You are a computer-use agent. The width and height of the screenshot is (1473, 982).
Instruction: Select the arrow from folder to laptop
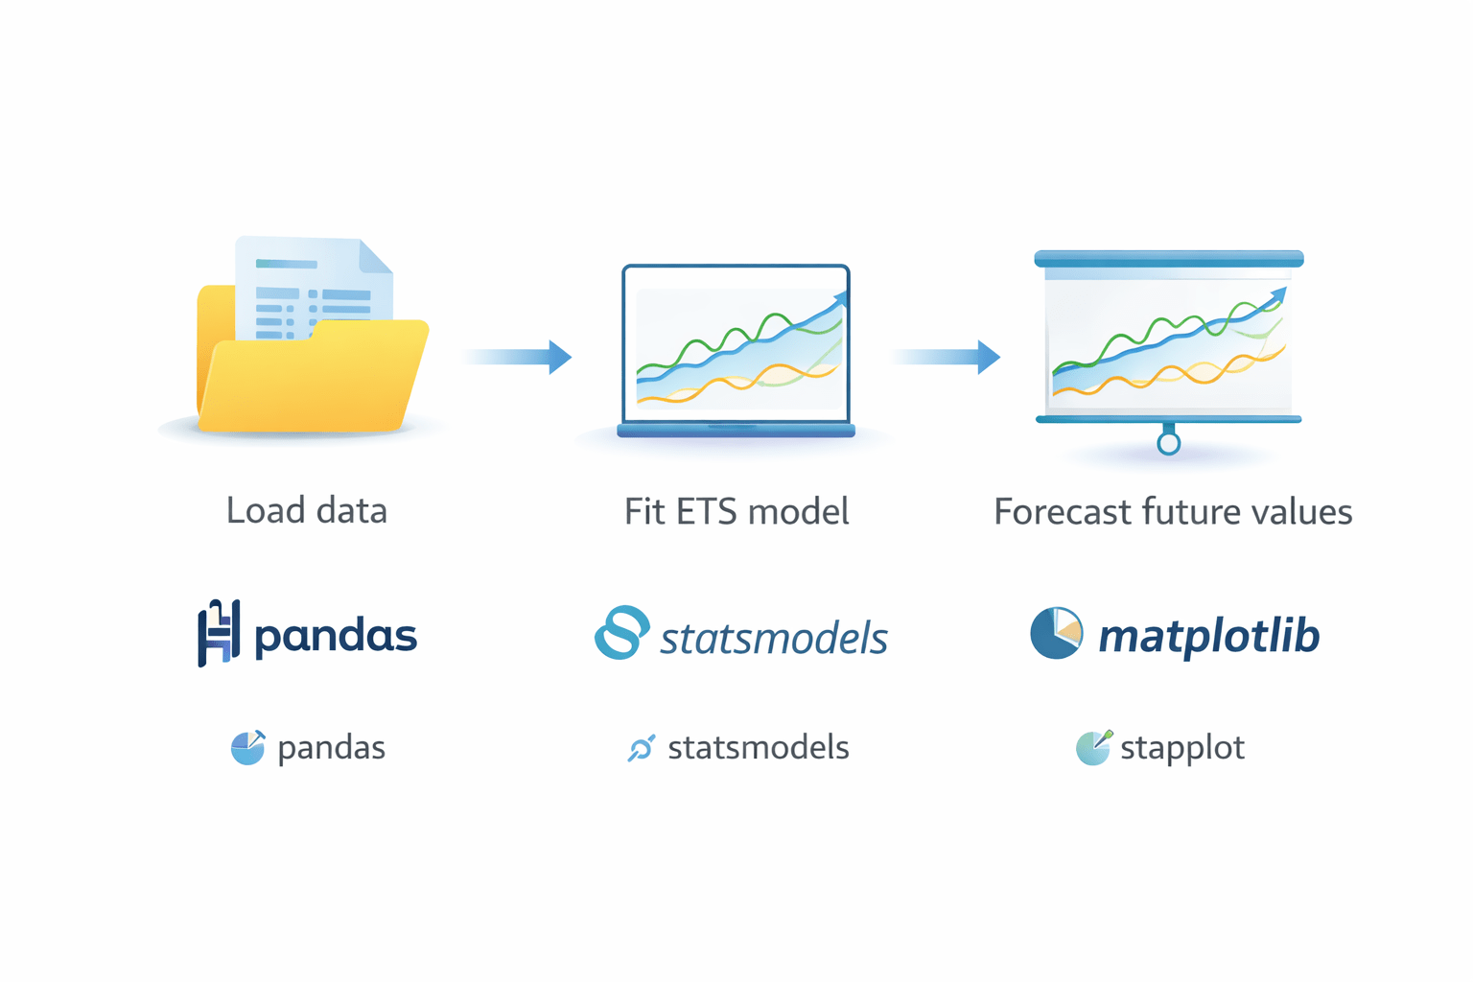(x=519, y=357)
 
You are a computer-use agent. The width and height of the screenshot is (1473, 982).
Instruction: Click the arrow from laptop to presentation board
(x=947, y=357)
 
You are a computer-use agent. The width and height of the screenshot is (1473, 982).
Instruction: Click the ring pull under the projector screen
(x=1168, y=443)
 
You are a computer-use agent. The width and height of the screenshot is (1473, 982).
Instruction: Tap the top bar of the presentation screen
(x=1168, y=259)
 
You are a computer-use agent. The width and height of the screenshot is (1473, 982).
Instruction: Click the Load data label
(x=307, y=511)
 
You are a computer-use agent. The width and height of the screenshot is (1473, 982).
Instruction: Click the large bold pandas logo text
(x=336, y=637)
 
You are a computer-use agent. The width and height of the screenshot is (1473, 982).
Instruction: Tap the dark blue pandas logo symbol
(x=218, y=633)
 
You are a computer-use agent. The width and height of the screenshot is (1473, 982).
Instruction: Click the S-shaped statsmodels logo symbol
(x=621, y=632)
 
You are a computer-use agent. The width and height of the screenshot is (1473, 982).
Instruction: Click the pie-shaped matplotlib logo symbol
(x=1056, y=633)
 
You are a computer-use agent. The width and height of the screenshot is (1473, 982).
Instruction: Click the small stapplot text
(x=1182, y=748)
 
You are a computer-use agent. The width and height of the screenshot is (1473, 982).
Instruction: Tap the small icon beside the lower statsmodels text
(x=641, y=748)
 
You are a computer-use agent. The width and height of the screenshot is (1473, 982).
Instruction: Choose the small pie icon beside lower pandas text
(x=248, y=748)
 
